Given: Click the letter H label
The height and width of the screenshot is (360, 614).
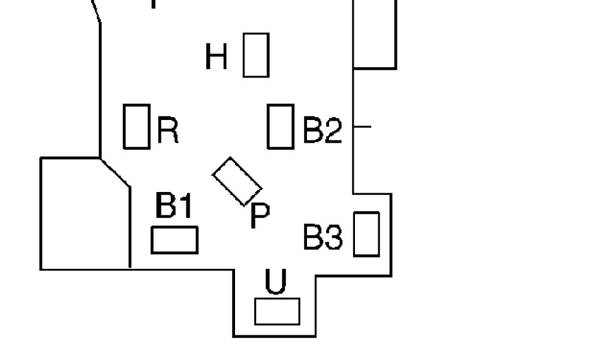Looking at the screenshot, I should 216,57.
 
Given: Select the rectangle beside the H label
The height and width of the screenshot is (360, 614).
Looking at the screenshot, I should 255,55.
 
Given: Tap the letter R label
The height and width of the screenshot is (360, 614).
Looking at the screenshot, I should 168,130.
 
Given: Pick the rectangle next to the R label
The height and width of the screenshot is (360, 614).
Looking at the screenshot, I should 136,126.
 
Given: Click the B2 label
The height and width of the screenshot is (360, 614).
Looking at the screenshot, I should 322,130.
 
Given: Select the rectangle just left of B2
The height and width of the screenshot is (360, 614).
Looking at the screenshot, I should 280,126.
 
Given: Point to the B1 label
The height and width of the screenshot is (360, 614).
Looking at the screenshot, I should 174,206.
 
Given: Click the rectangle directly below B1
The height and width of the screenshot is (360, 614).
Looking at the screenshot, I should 174,240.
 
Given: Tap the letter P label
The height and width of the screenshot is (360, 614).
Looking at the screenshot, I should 259,215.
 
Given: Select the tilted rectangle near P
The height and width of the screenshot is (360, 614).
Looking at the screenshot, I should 237,181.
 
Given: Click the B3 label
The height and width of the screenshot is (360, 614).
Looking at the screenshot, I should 323,238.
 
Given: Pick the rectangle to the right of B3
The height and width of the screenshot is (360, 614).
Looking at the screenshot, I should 366,234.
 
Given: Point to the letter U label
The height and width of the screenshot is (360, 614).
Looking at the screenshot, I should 275,282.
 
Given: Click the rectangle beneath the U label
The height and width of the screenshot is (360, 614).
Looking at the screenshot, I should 277,311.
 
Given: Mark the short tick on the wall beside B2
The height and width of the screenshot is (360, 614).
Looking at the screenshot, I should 362,127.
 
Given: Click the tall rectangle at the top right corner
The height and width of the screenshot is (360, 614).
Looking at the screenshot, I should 374,33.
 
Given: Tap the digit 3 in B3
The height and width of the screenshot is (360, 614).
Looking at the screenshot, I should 333,238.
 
